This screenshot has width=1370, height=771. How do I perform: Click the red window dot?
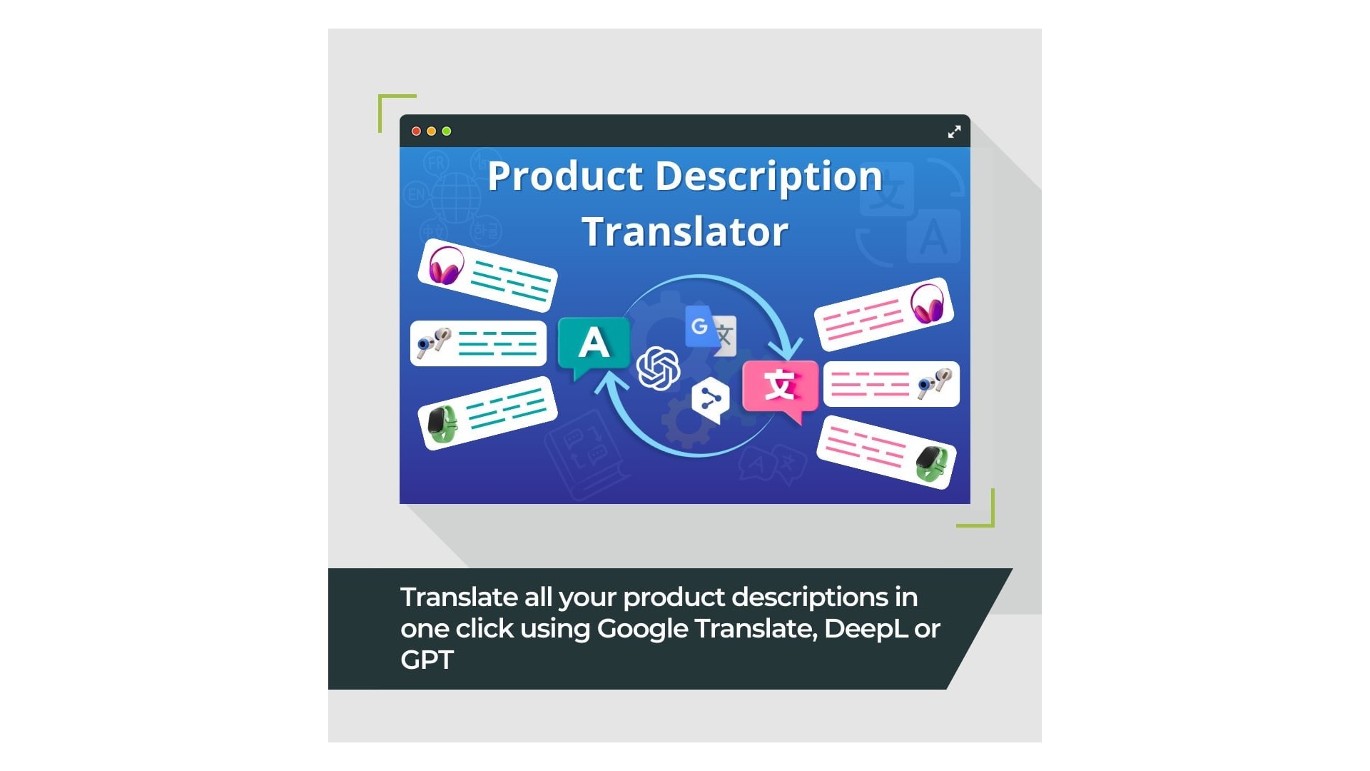416,131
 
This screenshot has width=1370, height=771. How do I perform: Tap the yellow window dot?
431,131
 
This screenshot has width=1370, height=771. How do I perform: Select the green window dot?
447,131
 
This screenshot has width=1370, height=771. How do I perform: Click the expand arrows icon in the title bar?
954,131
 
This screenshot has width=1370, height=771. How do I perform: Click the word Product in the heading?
565,176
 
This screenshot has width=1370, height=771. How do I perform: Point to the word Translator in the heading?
685,231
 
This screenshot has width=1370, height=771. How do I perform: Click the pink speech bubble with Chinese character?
780,390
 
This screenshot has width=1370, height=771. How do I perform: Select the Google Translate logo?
711,331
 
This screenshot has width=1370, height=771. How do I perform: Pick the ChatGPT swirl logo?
658,368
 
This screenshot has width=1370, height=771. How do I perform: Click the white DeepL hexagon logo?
711,400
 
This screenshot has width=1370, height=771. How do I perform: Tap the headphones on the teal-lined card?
446,266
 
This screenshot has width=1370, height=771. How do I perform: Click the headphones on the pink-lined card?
927,303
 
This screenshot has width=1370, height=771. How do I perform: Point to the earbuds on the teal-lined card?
434,343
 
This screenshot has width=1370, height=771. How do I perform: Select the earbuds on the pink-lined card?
934,383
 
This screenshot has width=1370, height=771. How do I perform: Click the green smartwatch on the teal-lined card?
442,424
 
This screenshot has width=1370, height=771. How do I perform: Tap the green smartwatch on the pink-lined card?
932,464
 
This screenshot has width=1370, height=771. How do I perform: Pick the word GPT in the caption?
427,660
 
